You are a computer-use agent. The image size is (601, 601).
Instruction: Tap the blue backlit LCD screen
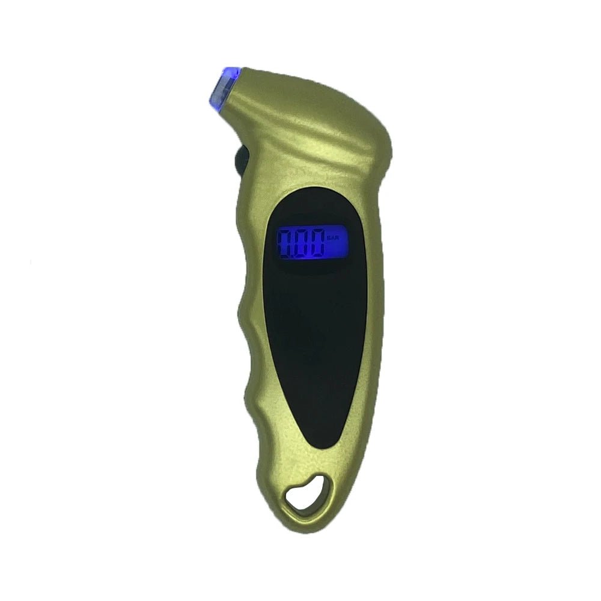(311, 242)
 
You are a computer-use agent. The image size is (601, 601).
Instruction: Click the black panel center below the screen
(316, 337)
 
